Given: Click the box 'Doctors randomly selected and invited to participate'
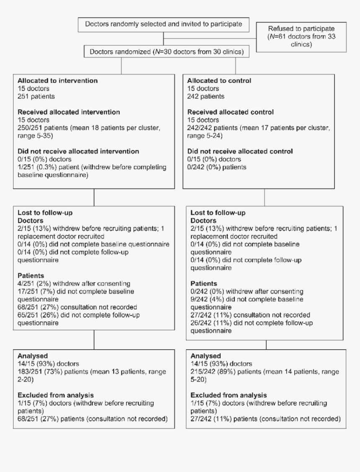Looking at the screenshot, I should pyautogui.click(x=164, y=24).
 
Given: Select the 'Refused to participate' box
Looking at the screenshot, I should pyautogui.click(x=301, y=37).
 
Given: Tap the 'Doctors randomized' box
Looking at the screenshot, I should pyautogui.click(x=164, y=52).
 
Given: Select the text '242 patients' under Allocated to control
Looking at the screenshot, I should pyautogui.click(x=206, y=96).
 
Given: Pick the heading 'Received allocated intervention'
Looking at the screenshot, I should pyautogui.click(x=69, y=112).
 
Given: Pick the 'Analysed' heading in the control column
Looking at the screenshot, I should pyautogui.click(x=204, y=356).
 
